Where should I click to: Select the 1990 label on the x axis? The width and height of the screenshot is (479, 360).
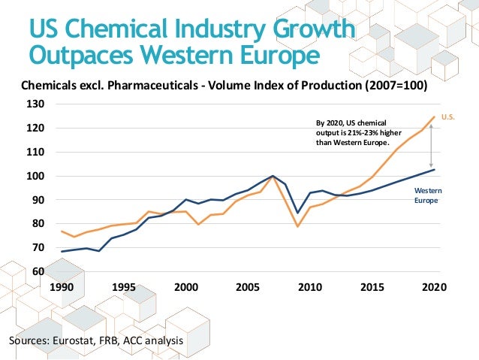point(62,287)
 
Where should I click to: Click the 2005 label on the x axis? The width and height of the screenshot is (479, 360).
point(249,287)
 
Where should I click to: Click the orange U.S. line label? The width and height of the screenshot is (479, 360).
point(448,117)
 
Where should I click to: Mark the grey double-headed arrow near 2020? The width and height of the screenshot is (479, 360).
point(431,146)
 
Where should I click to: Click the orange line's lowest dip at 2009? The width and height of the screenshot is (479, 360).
point(298,226)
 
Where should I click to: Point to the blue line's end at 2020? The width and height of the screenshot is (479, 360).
point(435,169)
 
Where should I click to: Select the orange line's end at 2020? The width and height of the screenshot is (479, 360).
point(435,116)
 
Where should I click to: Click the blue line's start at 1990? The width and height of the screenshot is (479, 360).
point(62,251)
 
